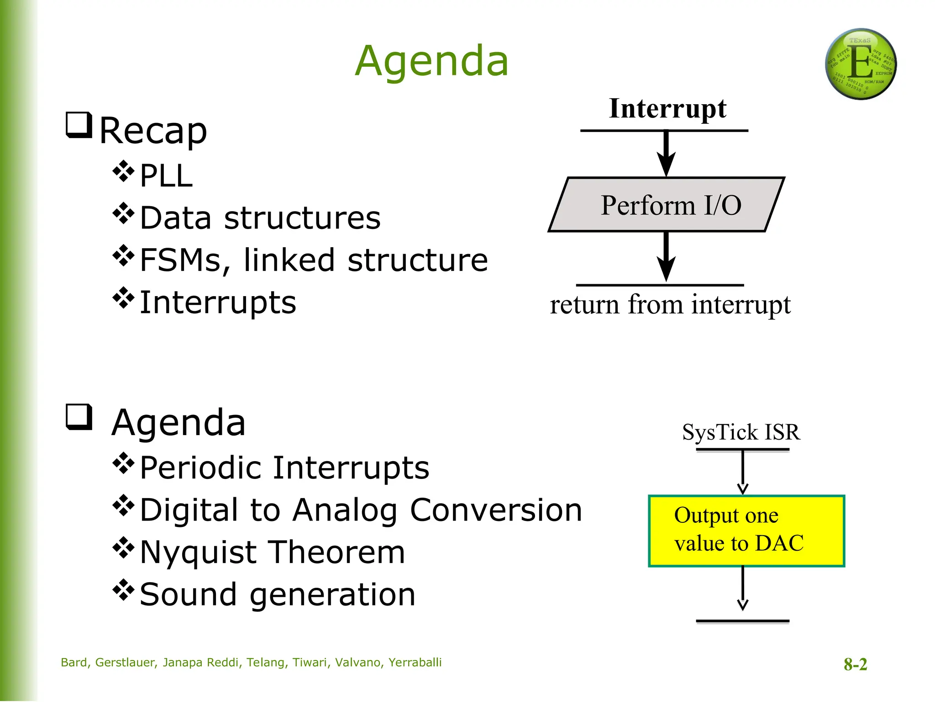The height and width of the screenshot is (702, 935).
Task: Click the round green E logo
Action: coord(861,64)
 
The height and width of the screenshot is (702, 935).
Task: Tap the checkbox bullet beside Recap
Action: coord(79,125)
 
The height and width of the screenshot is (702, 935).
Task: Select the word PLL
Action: coord(166,176)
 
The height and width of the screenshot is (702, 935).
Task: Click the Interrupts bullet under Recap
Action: coord(218,303)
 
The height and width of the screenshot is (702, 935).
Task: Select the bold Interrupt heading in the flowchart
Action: coord(667,109)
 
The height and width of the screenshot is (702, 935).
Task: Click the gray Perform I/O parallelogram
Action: coord(667,205)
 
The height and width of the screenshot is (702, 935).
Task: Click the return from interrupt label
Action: coord(670,304)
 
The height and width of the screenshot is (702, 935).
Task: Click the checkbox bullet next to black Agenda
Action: coord(79,417)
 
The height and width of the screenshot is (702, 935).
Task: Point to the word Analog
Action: coord(345,510)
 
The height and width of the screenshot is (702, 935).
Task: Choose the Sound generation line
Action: coord(278,595)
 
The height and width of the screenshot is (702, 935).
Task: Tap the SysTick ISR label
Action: coord(741,432)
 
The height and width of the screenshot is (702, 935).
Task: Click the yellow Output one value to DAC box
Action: coord(746,531)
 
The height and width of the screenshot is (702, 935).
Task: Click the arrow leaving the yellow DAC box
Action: coord(743,589)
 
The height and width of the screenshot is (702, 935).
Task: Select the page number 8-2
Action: coord(855,664)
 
